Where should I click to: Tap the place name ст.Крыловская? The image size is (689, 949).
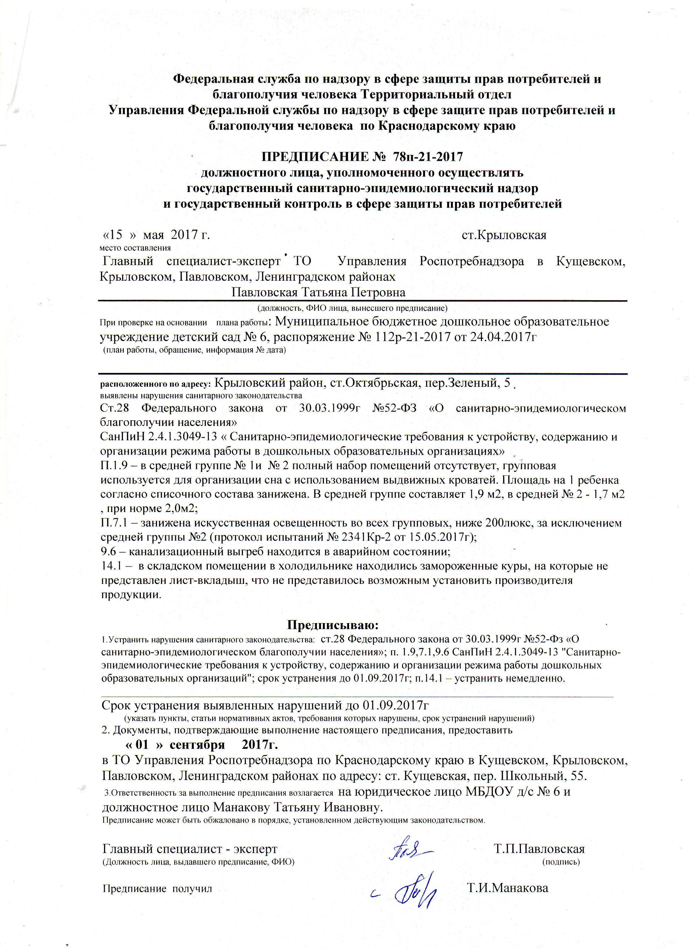[x=504, y=235]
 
